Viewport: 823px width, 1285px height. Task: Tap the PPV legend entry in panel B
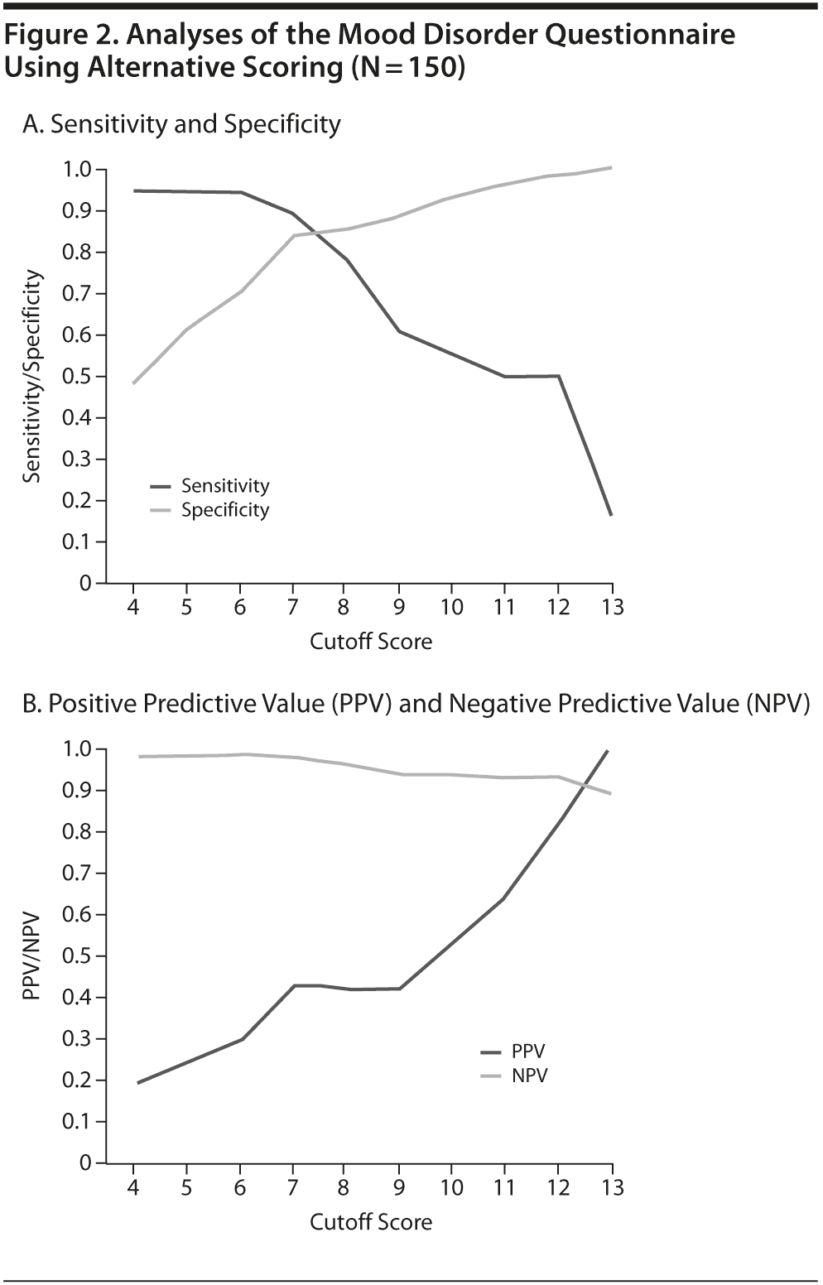point(528,1052)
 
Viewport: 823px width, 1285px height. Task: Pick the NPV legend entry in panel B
point(529,1076)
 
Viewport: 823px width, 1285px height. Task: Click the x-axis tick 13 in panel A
point(611,607)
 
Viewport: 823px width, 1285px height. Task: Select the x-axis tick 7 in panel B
point(293,1186)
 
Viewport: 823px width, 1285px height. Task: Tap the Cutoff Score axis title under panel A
point(371,642)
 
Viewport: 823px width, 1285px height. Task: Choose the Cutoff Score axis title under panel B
point(371,1222)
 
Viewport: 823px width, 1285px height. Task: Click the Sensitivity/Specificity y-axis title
point(31,377)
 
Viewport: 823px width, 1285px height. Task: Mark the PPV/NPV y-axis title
point(31,956)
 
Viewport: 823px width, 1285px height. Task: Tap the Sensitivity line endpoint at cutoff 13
point(611,515)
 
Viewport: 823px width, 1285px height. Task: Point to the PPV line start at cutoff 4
point(137,1082)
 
